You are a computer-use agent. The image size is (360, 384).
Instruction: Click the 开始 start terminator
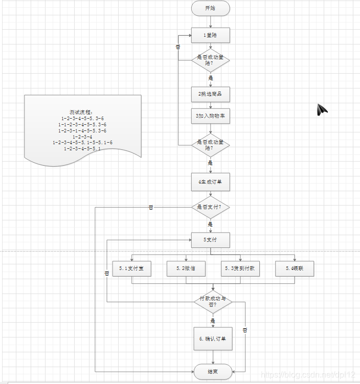(210, 8)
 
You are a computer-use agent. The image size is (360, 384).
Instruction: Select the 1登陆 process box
(210, 35)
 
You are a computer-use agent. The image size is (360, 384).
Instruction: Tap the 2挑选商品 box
(210, 95)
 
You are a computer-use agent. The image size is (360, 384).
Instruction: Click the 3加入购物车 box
(210, 116)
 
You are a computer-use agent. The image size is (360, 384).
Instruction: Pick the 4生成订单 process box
(210, 182)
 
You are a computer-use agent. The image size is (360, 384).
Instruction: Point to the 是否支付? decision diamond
(210, 207)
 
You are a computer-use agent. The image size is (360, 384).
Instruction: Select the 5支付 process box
(210, 240)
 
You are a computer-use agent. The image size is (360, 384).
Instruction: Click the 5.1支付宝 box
(132, 268)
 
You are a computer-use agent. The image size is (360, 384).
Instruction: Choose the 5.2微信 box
(186, 268)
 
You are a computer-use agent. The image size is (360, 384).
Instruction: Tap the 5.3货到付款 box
(240, 268)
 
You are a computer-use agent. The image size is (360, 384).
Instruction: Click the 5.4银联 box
(295, 268)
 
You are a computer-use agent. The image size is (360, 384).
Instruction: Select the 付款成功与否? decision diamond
(213, 302)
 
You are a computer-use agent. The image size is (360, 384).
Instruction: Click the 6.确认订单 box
(213, 338)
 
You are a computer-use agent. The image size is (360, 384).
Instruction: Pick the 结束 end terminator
(213, 372)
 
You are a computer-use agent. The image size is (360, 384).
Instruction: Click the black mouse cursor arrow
(322, 109)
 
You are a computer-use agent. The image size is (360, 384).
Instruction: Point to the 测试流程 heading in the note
(82, 112)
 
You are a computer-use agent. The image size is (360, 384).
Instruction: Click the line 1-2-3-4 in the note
(82, 137)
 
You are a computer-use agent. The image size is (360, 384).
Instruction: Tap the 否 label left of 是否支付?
(151, 208)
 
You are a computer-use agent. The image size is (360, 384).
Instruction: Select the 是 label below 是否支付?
(210, 224)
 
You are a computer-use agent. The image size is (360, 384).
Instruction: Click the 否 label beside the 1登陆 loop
(178, 47)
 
